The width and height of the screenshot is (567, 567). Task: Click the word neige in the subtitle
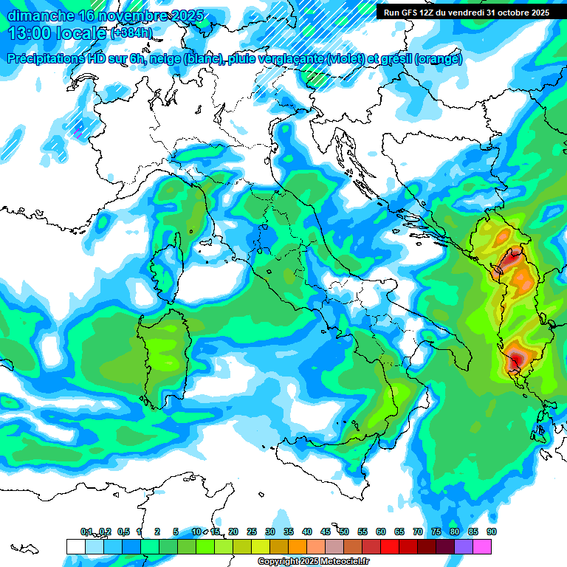[x=166, y=59]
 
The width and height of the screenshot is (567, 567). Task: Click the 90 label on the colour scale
[x=491, y=532]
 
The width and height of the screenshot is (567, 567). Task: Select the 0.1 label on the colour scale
[x=87, y=532]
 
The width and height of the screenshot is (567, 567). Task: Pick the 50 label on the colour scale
[x=344, y=532]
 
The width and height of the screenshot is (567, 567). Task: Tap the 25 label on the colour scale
[x=252, y=532]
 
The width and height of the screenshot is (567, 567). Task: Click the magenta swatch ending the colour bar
[x=481, y=546]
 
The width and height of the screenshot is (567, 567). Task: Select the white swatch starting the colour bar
[x=75, y=546]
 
